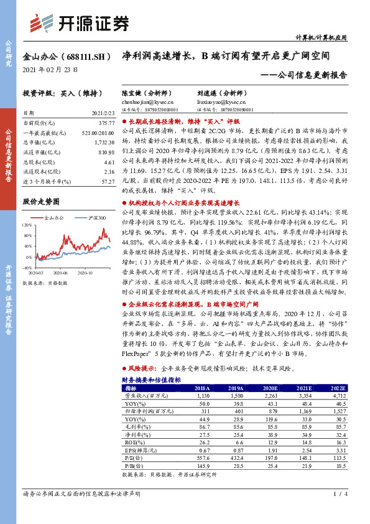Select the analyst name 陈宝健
click(131, 92)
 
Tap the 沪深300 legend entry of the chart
click(97, 218)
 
